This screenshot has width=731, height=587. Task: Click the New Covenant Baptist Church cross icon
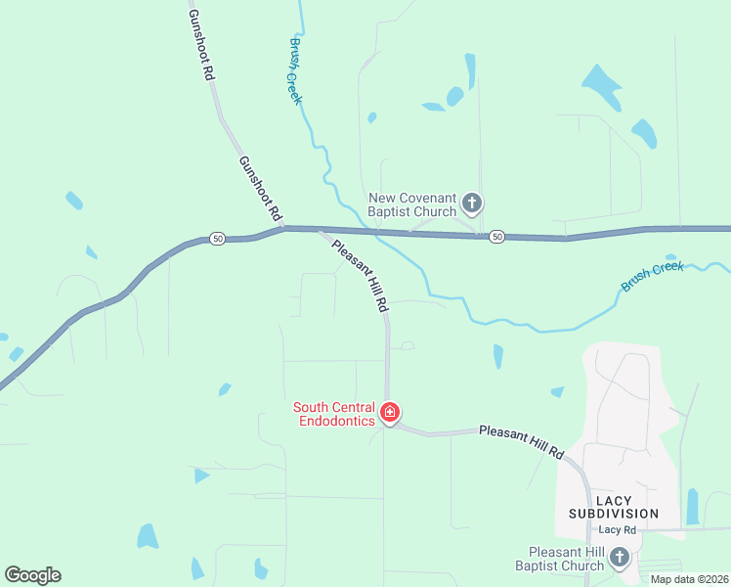pos(472,203)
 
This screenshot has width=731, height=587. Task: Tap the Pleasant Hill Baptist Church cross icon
pos(619,558)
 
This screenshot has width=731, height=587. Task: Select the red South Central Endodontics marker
pos(390,414)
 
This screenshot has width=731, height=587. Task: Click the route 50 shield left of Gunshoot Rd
pos(217,239)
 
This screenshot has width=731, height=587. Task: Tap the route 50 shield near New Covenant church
pos(497,237)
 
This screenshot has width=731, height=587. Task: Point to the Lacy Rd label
pos(618,529)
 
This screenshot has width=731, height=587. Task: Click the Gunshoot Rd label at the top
pos(202,45)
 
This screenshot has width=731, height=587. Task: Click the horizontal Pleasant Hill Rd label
pos(522,442)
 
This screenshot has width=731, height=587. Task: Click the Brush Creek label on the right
pos(653,276)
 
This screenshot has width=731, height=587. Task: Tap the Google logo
pos(32,575)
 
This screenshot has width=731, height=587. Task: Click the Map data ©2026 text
pos(689,579)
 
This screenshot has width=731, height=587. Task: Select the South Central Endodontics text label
pos(335,414)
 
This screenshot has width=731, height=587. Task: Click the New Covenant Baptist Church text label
pos(412,204)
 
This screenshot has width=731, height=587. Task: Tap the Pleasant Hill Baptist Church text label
pos(566,559)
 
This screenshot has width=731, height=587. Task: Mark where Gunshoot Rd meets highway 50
pos(284,229)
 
